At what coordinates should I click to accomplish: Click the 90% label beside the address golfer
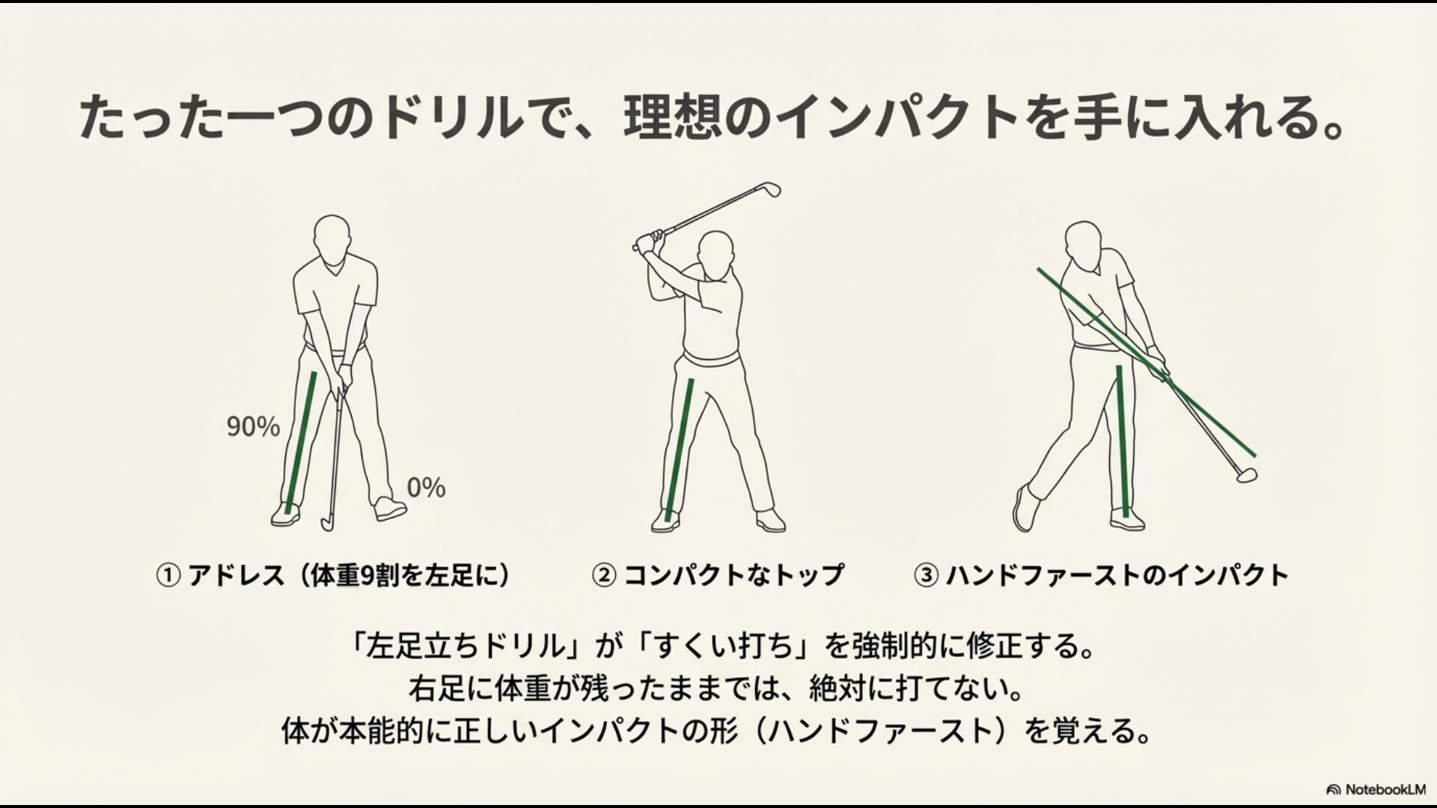click(x=253, y=427)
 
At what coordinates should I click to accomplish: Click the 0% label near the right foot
click(x=426, y=488)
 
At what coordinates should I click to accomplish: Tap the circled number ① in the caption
click(x=168, y=575)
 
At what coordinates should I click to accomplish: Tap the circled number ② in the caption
click(x=604, y=575)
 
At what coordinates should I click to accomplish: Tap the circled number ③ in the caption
click(x=927, y=575)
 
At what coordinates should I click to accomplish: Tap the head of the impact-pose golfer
click(x=1083, y=242)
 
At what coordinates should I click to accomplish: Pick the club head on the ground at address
click(x=328, y=523)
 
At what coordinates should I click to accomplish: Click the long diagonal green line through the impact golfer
click(x=1145, y=362)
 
